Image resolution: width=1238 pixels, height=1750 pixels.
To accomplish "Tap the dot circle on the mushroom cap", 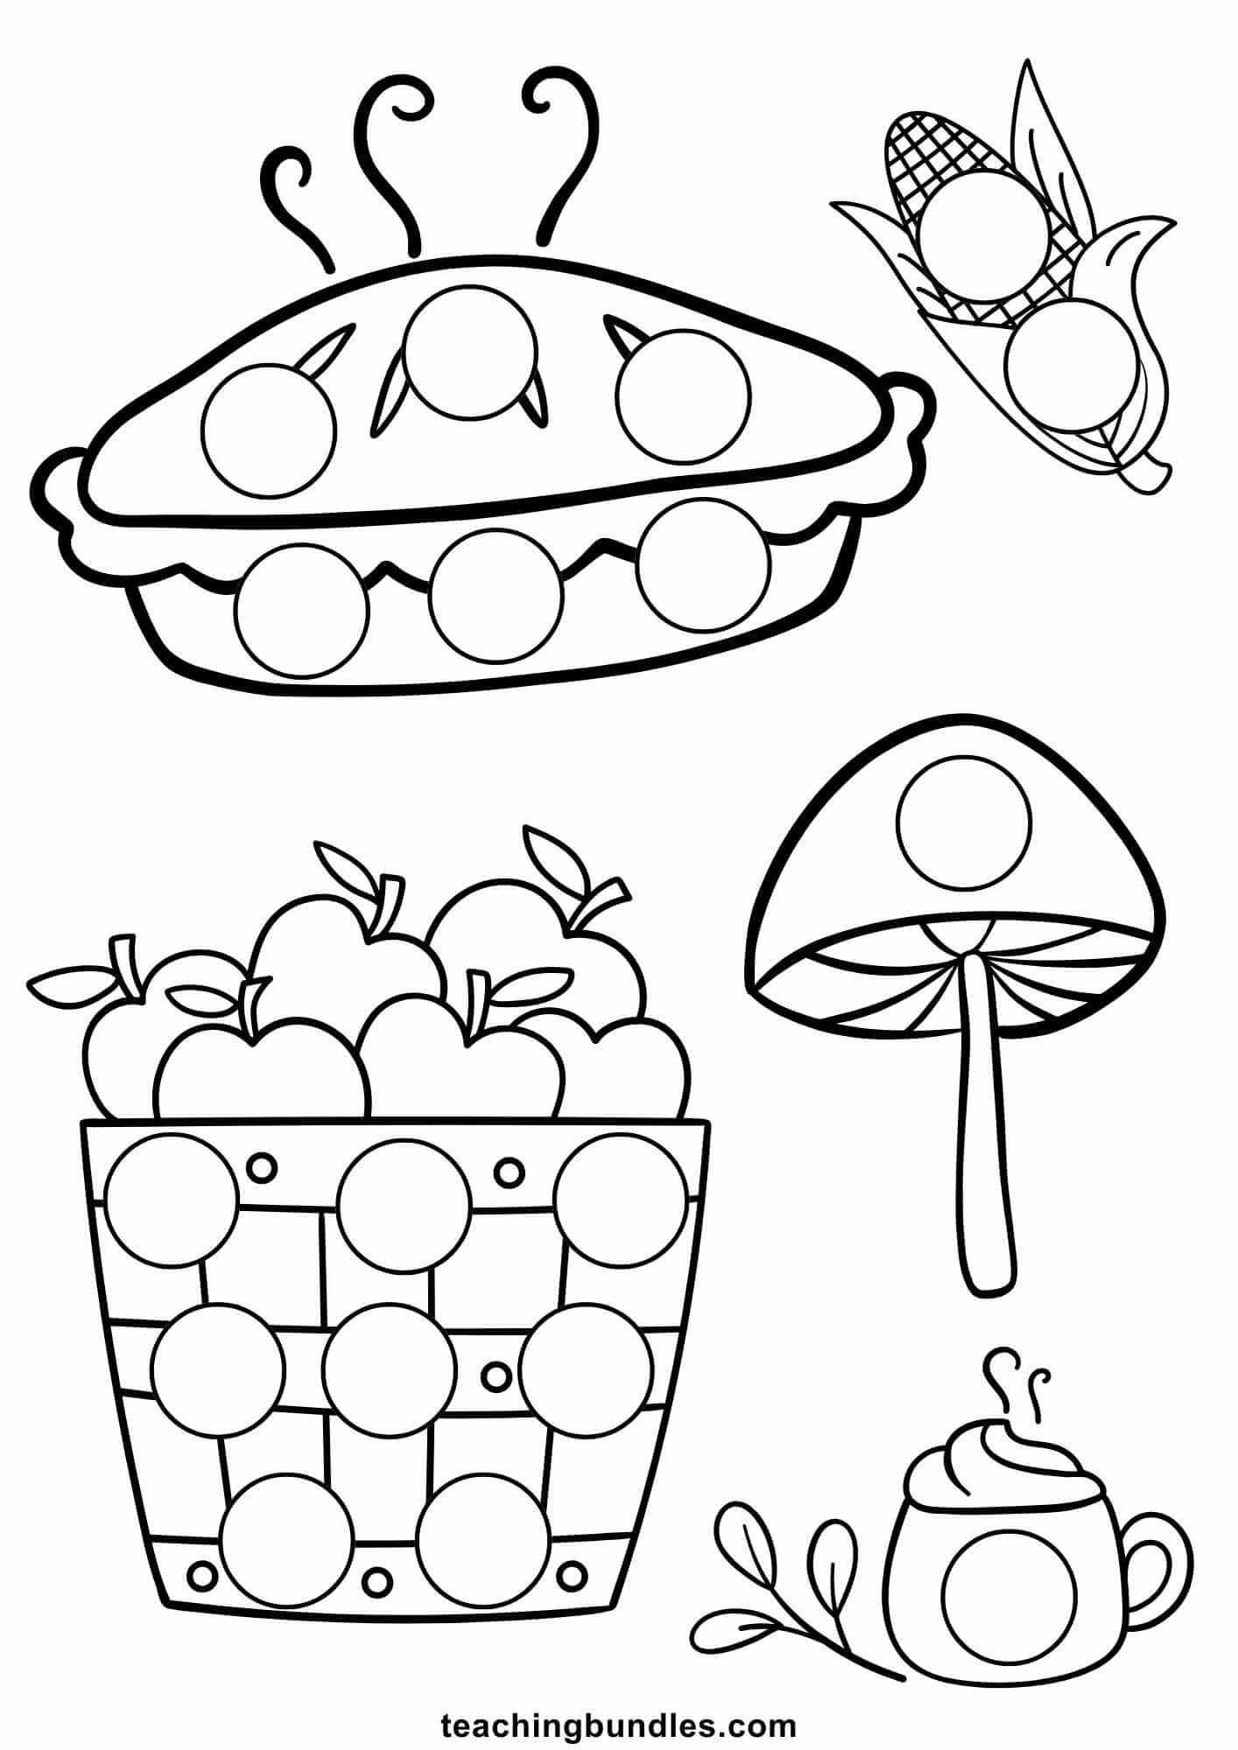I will tap(964, 823).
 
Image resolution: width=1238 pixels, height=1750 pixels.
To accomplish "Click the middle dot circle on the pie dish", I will tap(496, 597).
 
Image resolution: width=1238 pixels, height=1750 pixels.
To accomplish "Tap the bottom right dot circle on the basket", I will tap(483, 1539).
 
